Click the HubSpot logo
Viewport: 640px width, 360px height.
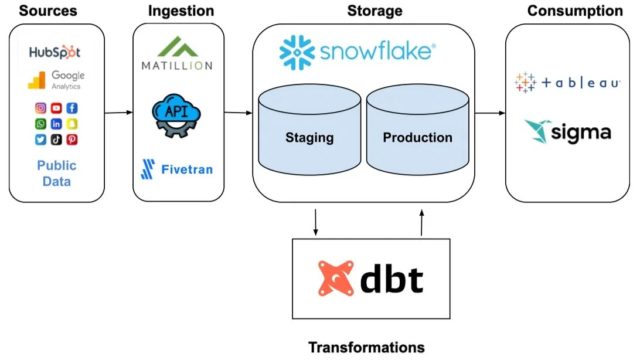coord(55,52)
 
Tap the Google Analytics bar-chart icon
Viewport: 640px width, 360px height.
coord(36,80)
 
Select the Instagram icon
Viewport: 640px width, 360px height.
coord(40,108)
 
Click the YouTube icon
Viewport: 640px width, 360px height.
coord(56,108)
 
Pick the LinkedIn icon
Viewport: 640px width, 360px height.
coord(56,124)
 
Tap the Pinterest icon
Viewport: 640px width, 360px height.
coord(72,140)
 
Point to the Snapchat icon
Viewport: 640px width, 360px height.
coord(72,124)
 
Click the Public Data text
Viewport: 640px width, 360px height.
coord(57,174)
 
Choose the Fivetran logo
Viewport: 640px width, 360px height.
coord(178,169)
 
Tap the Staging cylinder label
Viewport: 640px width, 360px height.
coord(309,138)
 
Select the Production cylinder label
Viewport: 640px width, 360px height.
coord(417,138)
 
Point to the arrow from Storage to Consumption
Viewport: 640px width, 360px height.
coord(490,113)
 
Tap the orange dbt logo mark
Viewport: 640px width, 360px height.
coord(336,278)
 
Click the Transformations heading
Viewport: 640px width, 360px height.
coord(366,347)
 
